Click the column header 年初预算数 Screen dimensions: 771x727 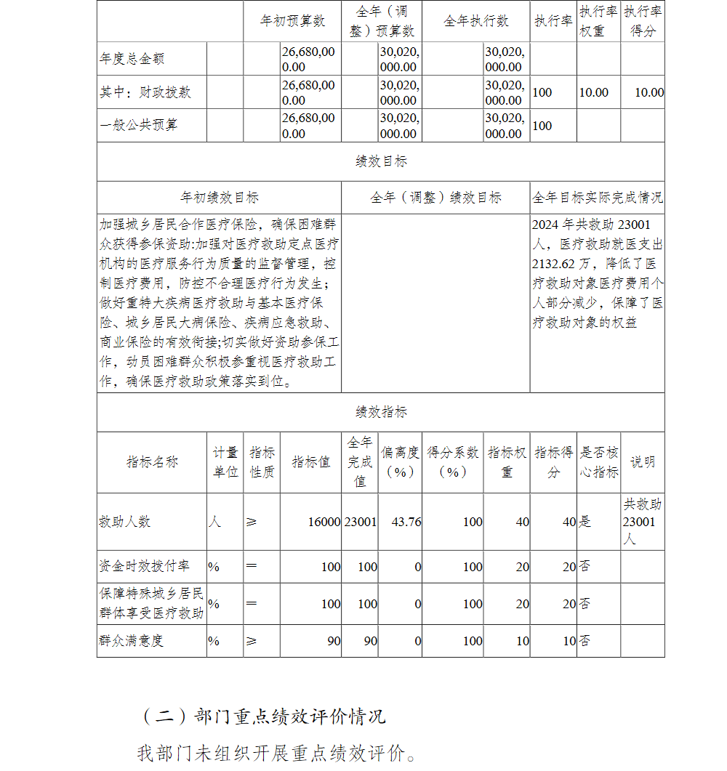tap(292, 21)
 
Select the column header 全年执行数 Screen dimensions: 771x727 tap(476, 21)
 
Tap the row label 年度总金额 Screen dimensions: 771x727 tap(132, 59)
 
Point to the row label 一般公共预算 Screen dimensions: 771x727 tap(139, 125)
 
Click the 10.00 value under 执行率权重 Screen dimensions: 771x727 tap(593, 92)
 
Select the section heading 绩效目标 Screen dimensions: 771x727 tap(381, 161)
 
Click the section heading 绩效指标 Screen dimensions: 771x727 tap(381, 412)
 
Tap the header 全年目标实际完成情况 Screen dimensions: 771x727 tap(598, 197)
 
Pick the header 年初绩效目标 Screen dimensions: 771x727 tap(219, 197)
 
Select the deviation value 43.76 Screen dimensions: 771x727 tap(406, 522)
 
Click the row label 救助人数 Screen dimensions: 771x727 tap(124, 522)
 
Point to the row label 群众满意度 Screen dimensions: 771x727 tap(132, 641)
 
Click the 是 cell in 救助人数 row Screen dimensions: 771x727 tap(585, 522)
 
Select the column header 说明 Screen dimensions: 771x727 tap(642, 462)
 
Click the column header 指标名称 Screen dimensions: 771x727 tap(152, 462)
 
